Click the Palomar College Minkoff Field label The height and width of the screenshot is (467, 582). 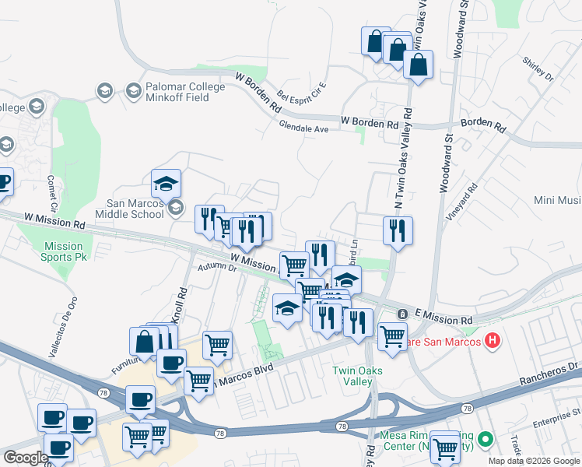[x=185, y=92]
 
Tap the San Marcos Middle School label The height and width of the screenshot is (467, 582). [x=131, y=208]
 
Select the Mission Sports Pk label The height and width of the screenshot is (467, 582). [x=63, y=252]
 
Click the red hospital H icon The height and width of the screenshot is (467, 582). [x=492, y=340]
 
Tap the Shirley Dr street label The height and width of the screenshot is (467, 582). [x=538, y=72]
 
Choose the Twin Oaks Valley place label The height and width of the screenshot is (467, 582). [x=358, y=376]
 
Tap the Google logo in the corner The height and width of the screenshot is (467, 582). [x=25, y=458]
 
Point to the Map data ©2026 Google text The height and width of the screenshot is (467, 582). [x=534, y=461]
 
